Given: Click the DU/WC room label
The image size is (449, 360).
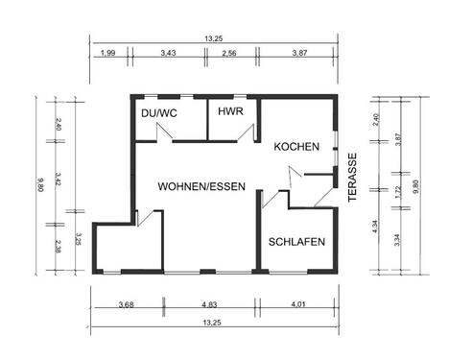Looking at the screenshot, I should point(158,113).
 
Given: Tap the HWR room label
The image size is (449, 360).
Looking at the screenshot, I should point(230,112).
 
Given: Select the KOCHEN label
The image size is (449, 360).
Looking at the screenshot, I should point(295,147).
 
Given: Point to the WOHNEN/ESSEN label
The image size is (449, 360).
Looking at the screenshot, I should point(202,185).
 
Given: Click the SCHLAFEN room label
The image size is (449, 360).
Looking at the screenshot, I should point(296,242).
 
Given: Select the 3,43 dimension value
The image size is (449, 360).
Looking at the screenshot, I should point(169,54).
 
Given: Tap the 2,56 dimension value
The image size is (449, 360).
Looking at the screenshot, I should point(230,54).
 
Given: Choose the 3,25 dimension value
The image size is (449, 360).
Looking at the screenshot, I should point(79,239).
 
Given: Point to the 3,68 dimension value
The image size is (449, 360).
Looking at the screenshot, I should point(126,305).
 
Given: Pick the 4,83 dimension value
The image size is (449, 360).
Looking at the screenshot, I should point(209,305).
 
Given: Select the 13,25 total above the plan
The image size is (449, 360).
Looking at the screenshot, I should point(214,38).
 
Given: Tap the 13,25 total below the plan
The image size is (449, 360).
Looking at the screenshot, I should point(214,323).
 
